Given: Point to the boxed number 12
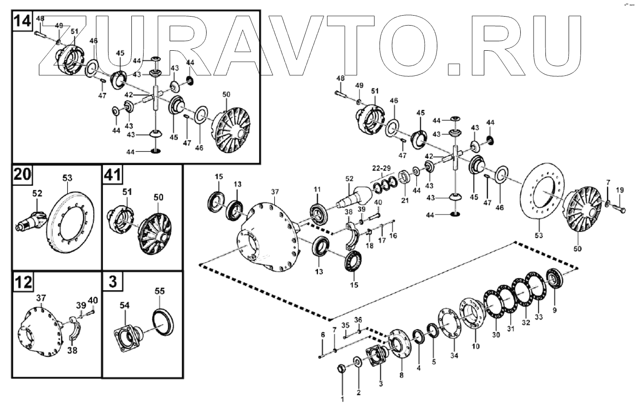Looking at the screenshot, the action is pyautogui.click(x=23, y=282).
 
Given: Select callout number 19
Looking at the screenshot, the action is pyautogui.click(x=620, y=190).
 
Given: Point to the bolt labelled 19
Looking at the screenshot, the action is pyautogui.click(x=618, y=207).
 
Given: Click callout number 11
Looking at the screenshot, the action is pyautogui.click(x=317, y=190).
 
